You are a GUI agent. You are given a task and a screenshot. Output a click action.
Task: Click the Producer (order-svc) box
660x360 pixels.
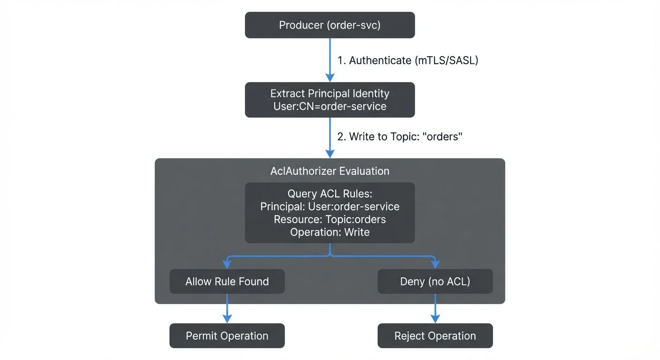coord(330,25)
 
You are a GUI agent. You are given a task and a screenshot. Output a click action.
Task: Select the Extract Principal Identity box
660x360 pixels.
coord(330,99)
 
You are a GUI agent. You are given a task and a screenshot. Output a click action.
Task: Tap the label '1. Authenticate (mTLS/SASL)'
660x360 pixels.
coord(407,60)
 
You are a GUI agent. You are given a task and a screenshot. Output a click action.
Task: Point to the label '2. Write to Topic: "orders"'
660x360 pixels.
coord(400,137)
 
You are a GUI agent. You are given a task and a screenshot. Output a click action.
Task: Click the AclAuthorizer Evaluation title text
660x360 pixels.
coord(330,171)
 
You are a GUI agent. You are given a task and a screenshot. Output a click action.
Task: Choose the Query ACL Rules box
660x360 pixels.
coord(330,213)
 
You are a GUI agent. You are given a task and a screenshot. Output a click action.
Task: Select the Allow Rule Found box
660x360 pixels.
coord(227,281)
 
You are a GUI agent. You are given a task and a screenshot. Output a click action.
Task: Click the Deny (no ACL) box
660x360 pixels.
coord(435,281)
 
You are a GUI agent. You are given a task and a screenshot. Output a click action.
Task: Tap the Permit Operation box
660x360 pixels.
coord(227,336)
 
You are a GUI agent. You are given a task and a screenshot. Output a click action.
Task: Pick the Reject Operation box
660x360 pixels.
coord(435,336)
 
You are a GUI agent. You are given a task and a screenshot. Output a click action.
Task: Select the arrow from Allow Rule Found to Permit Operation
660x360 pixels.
coord(227,307)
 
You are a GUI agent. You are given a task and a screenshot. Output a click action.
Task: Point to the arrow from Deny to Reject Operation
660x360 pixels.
coord(435,307)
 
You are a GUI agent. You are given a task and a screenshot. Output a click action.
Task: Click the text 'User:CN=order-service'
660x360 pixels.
coord(330,106)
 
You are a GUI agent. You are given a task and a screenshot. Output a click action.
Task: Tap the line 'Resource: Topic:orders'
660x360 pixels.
coord(330,219)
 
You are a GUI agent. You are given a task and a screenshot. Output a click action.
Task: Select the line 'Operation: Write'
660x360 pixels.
coord(330,232)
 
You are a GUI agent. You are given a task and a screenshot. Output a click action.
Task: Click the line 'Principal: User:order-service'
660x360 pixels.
coord(330,207)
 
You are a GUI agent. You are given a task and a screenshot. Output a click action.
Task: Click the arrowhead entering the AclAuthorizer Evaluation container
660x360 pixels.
coord(330,154)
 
